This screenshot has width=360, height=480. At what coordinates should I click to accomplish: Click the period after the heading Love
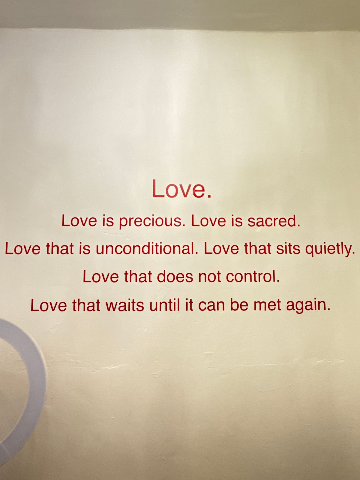tap(209, 196)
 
